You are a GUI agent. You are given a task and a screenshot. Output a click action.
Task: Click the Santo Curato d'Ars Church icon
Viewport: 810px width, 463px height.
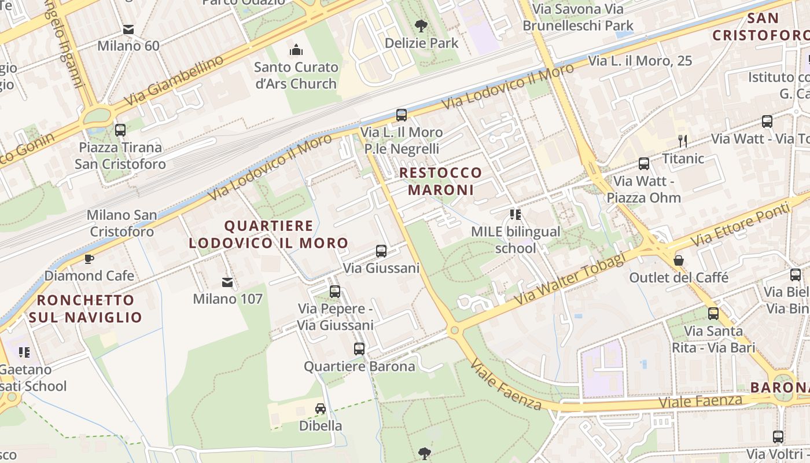(x=296, y=50)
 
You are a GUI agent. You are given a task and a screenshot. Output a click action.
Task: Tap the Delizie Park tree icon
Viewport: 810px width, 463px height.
(x=421, y=25)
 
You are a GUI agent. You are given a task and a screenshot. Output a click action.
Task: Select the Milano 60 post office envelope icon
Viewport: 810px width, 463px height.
(x=128, y=29)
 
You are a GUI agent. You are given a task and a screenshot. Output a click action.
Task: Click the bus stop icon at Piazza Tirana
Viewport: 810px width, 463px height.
(x=120, y=130)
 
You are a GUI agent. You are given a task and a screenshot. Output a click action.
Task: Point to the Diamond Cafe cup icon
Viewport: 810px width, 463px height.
(x=89, y=259)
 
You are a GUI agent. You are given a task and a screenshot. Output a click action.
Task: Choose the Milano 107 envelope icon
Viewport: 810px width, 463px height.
(x=227, y=282)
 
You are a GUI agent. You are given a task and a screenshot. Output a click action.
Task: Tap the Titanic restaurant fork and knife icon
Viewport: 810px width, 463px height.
(x=683, y=141)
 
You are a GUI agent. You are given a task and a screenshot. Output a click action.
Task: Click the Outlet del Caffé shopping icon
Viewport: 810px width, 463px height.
(x=679, y=260)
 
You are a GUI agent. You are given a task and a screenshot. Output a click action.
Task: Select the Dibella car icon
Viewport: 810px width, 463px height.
(x=320, y=409)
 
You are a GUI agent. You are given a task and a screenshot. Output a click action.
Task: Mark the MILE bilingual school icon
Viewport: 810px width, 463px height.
(x=516, y=215)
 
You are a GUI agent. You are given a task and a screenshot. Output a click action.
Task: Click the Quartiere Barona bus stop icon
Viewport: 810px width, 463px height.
(x=359, y=349)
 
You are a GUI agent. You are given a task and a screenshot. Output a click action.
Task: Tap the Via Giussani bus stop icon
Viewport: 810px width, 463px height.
(x=381, y=251)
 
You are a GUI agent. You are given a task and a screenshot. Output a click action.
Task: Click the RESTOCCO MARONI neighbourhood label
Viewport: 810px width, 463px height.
(x=440, y=181)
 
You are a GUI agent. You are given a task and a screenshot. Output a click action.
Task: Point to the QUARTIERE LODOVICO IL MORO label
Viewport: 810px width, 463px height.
(x=268, y=234)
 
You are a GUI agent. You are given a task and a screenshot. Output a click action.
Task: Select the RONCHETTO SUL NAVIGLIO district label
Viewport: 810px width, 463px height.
(x=86, y=308)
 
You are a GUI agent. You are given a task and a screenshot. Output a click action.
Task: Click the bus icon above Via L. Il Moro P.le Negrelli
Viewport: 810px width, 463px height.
(x=402, y=115)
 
